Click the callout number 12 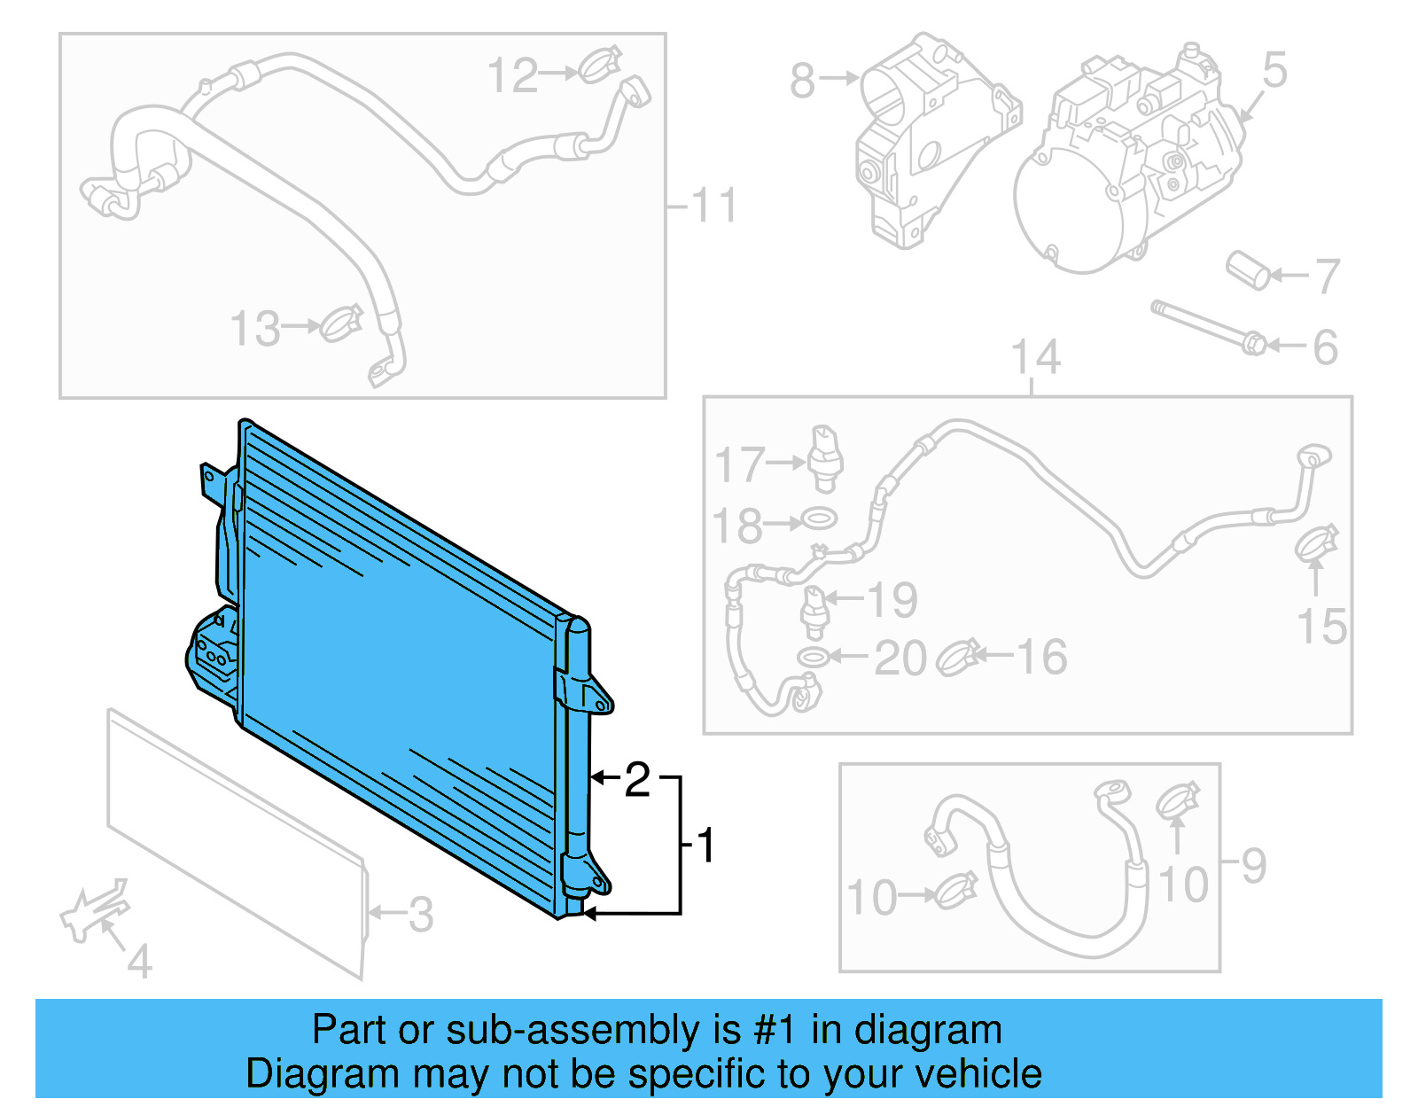click(513, 75)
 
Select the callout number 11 click(714, 206)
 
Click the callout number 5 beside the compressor click(1274, 70)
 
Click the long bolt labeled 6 click(1205, 326)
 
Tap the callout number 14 click(1035, 357)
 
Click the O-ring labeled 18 click(819, 518)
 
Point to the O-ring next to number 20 click(812, 657)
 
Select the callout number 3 click(421, 914)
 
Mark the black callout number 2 click(637, 780)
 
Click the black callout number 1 click(705, 846)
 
